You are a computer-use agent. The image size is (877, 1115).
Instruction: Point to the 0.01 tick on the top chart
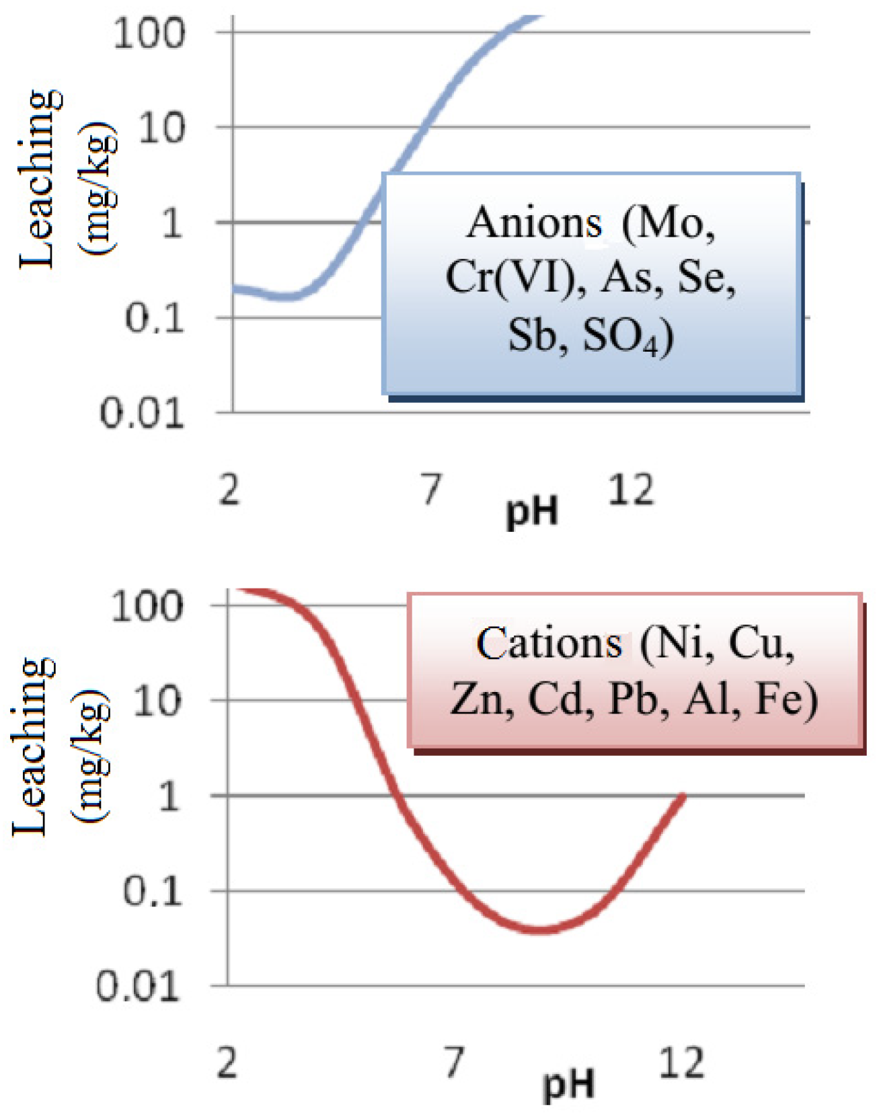tap(142, 413)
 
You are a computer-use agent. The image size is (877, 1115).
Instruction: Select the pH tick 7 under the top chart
tap(431, 489)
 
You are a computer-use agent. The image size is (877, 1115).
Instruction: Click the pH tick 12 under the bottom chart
tap(681, 1063)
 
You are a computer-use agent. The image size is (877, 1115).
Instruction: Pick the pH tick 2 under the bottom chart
tap(227, 1063)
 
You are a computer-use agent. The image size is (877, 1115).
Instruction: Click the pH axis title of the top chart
tap(532, 512)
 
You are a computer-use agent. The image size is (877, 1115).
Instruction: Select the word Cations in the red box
tap(549, 643)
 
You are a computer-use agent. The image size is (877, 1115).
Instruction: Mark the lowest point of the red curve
tap(542, 931)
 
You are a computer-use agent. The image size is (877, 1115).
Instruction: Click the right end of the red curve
tap(683, 796)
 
